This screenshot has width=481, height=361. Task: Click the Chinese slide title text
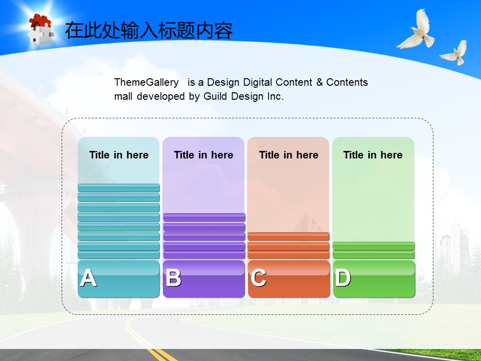(x=149, y=31)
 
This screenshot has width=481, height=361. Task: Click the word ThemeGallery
(x=146, y=82)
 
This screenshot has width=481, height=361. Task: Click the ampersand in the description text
(x=320, y=82)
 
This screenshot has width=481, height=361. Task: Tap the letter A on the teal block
(x=88, y=278)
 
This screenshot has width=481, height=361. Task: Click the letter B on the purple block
(x=173, y=278)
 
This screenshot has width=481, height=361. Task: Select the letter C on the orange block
(x=259, y=278)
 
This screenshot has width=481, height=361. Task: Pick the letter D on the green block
(x=343, y=278)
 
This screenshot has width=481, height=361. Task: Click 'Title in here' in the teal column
(x=119, y=155)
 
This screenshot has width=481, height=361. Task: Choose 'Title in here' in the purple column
(x=203, y=155)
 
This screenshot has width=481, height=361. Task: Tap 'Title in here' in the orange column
(x=289, y=155)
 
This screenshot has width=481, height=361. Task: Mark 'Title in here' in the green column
(x=373, y=155)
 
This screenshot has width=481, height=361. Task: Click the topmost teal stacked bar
(x=119, y=188)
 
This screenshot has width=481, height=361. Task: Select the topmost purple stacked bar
(x=204, y=217)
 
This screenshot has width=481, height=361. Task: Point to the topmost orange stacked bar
(x=289, y=236)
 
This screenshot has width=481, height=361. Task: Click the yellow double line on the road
(x=147, y=341)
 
